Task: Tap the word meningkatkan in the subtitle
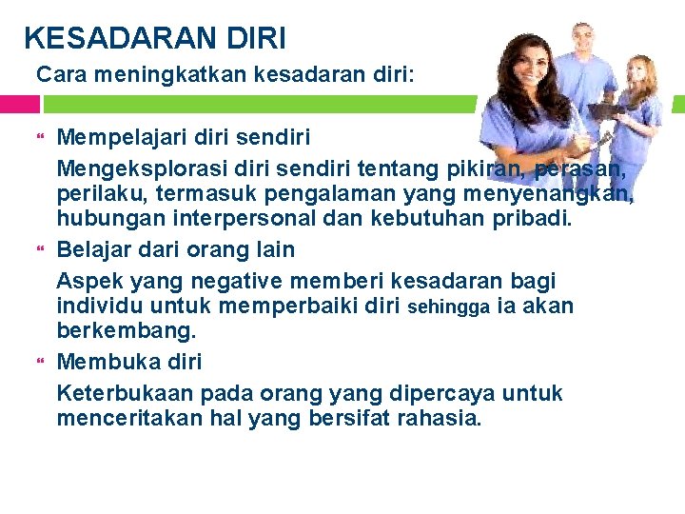[162, 74]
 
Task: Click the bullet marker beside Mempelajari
[41, 138]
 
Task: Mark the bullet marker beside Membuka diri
[41, 363]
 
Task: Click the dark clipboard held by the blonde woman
[606, 111]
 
